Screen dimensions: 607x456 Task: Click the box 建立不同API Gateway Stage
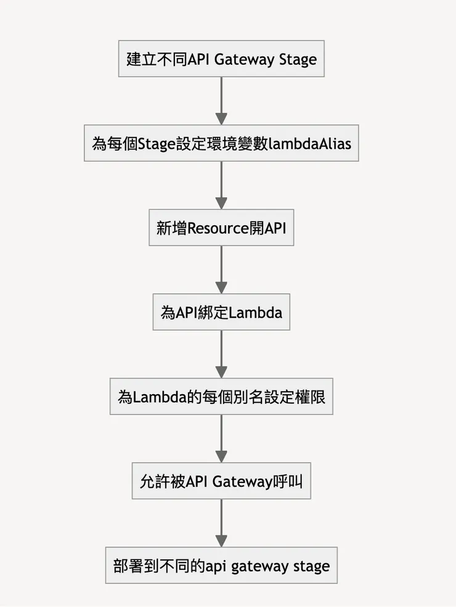coord(221,59)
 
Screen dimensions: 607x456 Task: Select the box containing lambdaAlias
coord(221,144)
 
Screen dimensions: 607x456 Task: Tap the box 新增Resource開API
coord(221,228)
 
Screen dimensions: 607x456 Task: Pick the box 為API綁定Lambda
coord(221,313)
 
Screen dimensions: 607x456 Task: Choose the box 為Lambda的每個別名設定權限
coord(221,397)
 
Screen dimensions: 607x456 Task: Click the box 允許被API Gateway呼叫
coord(221,481)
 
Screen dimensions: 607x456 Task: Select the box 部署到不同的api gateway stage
coord(221,566)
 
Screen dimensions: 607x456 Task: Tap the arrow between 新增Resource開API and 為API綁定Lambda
coord(221,270)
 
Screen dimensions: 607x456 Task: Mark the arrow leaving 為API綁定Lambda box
coord(221,354)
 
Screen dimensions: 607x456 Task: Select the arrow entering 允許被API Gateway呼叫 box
coord(221,439)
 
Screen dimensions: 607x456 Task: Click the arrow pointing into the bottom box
coord(221,523)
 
